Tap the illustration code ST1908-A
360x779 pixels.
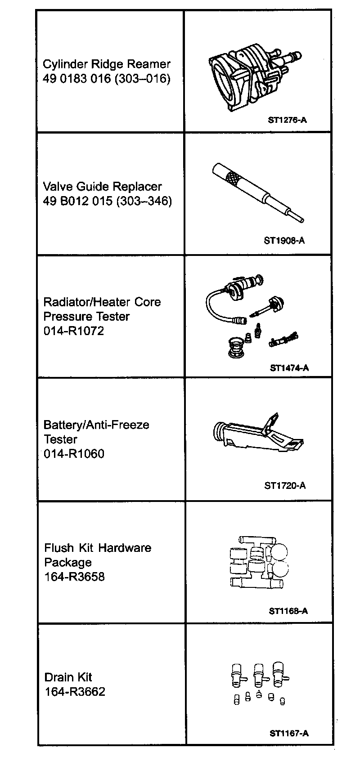(x=284, y=240)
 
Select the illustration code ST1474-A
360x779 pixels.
(x=289, y=368)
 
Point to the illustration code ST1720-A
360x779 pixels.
(x=285, y=485)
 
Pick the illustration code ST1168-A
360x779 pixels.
(x=288, y=611)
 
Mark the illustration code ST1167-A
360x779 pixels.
(x=289, y=733)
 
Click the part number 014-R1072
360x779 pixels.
(x=74, y=331)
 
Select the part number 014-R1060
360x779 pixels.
(x=74, y=453)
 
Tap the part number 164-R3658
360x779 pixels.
(x=74, y=577)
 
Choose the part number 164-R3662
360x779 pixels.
(x=75, y=691)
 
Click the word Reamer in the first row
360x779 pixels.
(x=149, y=64)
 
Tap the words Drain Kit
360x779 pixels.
(x=68, y=677)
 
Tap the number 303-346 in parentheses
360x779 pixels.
(x=144, y=201)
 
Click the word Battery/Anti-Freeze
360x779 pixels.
(x=96, y=425)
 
